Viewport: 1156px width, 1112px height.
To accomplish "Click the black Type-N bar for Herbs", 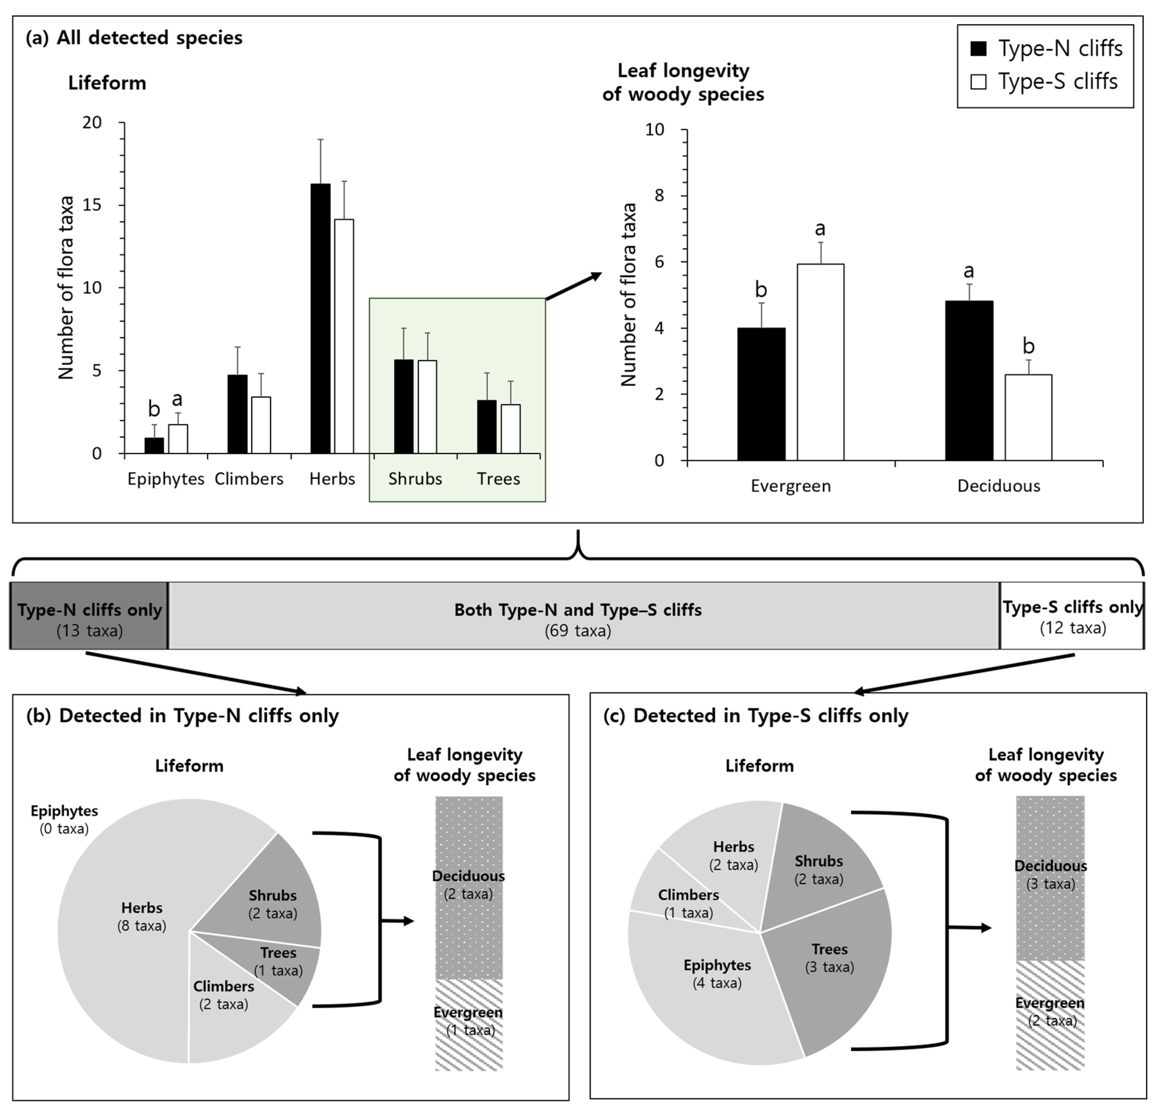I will (x=320, y=318).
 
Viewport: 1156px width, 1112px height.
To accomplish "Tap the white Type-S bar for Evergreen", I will (x=820, y=362).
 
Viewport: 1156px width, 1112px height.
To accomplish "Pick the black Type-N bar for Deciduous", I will (x=968, y=380).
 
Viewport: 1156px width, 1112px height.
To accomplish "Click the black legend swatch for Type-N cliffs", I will (x=978, y=48).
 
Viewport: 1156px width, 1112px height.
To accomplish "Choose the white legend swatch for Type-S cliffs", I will (x=978, y=81).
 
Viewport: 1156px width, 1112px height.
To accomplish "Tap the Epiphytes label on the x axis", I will (x=166, y=479).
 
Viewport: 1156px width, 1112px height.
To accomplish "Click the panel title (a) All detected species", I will (x=134, y=38).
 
